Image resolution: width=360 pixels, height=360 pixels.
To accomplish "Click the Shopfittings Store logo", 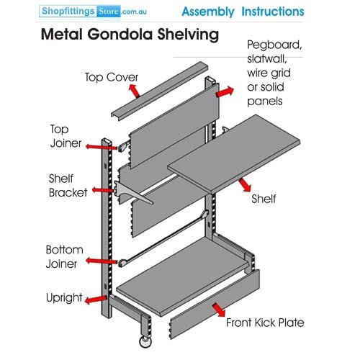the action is coord(93,12).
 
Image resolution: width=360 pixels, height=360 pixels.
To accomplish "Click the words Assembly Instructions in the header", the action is coord(243,12).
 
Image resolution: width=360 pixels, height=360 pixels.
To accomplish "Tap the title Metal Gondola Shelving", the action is coord(130,35).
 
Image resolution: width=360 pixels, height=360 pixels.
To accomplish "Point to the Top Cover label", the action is coord(112,77).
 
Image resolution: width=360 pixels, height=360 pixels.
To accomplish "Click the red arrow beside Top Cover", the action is coord(134,91).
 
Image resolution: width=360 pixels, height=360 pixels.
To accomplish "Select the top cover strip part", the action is coord(159,91).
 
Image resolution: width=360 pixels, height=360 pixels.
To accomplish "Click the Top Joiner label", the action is coord(66,136).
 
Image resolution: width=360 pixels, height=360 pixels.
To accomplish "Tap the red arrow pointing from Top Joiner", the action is coord(102,147).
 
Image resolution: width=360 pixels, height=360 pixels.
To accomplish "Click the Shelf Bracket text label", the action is coord(68,186).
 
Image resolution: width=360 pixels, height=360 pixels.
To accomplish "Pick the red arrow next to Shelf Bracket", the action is coord(102,190).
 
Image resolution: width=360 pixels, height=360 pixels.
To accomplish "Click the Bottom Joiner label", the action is coord(64,257).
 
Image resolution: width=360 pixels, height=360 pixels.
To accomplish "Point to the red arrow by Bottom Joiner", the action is coord(102,261).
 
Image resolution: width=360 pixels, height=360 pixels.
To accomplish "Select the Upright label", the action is coord(64,298).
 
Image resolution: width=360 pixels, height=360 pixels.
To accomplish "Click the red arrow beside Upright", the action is coord(96,300).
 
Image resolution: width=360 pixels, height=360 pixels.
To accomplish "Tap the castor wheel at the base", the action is coord(145,342).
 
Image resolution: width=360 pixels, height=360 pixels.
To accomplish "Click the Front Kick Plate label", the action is coord(265,323).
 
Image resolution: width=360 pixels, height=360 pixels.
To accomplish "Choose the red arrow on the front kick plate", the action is coord(219,310).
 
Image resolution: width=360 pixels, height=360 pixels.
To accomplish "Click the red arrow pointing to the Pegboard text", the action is coord(225,92).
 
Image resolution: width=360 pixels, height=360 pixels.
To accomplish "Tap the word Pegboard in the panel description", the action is coord(274,45).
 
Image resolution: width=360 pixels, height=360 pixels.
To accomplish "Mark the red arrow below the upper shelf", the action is coord(245,185).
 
